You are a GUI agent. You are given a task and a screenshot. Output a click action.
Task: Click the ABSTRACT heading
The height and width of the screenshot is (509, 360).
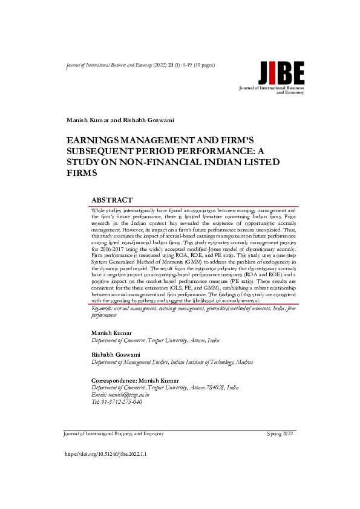tap(111, 199)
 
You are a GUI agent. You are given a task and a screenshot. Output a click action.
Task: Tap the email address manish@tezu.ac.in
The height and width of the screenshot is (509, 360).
tap(115, 395)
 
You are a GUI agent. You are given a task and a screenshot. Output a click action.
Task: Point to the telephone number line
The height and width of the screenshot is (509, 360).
tap(116, 401)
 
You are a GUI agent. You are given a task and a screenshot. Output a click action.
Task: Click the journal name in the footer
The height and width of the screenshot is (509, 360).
tap(113, 434)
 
